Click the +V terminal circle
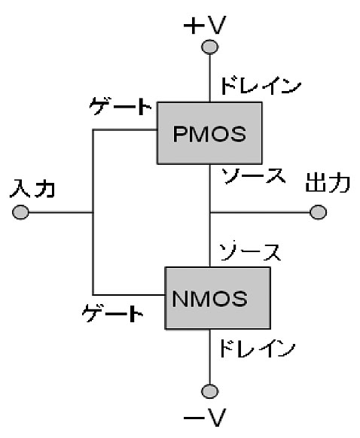coord(210,47)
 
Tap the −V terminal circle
coord(210,391)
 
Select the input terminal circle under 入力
coord(20,212)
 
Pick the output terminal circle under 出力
coord(318,212)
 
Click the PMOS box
coord(209,133)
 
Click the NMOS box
coord(218,298)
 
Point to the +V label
coord(205,25)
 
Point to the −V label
coord(205,418)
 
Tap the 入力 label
coord(32,189)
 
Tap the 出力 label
coord(328,183)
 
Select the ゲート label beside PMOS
coord(121,106)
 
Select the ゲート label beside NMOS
coord(113,313)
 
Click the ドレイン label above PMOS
coord(261,86)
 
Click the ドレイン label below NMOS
coord(257,348)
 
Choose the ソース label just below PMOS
coord(254,175)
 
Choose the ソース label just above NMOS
coord(250,251)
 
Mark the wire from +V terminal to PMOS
coord(210,78)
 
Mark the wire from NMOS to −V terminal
coord(210,357)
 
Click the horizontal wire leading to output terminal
coord(260,212)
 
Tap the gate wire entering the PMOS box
coord(125,130)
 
